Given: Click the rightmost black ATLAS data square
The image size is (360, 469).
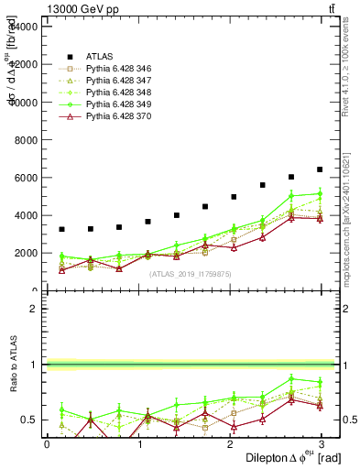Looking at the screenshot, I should (320, 169).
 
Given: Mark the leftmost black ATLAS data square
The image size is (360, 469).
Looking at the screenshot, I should (61, 229).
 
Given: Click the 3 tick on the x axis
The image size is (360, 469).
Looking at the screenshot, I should (323, 444).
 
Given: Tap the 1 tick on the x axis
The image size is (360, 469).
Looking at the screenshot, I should (139, 444).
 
